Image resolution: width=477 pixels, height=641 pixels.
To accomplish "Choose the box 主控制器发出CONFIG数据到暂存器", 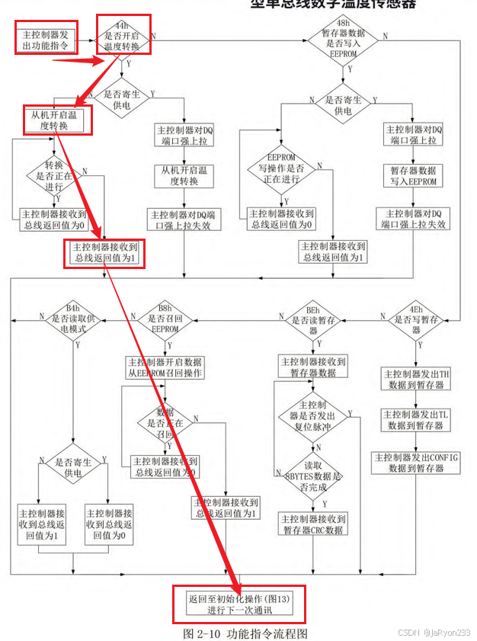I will [415, 463].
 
